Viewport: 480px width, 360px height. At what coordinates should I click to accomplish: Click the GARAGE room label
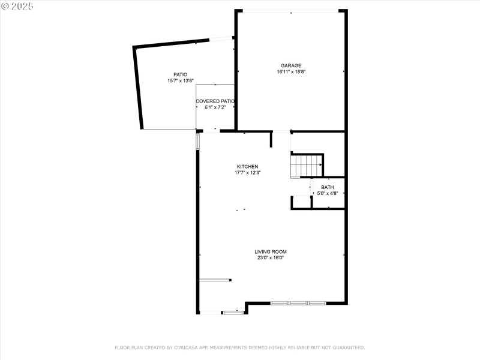click(x=291, y=65)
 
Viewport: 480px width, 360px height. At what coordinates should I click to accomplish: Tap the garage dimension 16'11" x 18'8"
click(x=291, y=71)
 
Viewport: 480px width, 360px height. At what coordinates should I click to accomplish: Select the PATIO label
click(x=181, y=74)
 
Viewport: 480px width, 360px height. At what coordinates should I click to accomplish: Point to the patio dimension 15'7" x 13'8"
click(x=181, y=80)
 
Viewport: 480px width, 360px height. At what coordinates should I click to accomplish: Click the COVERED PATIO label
click(x=215, y=101)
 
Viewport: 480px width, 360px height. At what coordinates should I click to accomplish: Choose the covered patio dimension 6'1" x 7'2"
click(x=215, y=107)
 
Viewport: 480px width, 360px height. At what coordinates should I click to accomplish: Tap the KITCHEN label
click(x=247, y=166)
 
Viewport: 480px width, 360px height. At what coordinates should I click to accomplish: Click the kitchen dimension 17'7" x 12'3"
click(x=247, y=172)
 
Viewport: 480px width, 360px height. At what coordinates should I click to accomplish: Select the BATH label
click(x=328, y=187)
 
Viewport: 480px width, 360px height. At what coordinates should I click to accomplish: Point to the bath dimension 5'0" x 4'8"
click(x=328, y=193)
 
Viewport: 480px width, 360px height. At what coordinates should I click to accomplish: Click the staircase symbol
click(x=306, y=166)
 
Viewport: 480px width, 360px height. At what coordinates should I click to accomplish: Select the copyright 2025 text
click(x=17, y=6)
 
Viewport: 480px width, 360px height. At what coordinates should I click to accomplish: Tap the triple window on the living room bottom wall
click(x=298, y=303)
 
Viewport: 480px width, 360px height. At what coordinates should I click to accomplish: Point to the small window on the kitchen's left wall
click(x=197, y=142)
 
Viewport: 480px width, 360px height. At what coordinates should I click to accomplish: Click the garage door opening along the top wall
click(x=291, y=11)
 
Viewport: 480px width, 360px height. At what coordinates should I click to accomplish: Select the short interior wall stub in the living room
click(x=215, y=280)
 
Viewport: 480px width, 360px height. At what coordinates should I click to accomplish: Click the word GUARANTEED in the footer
click(x=346, y=347)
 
